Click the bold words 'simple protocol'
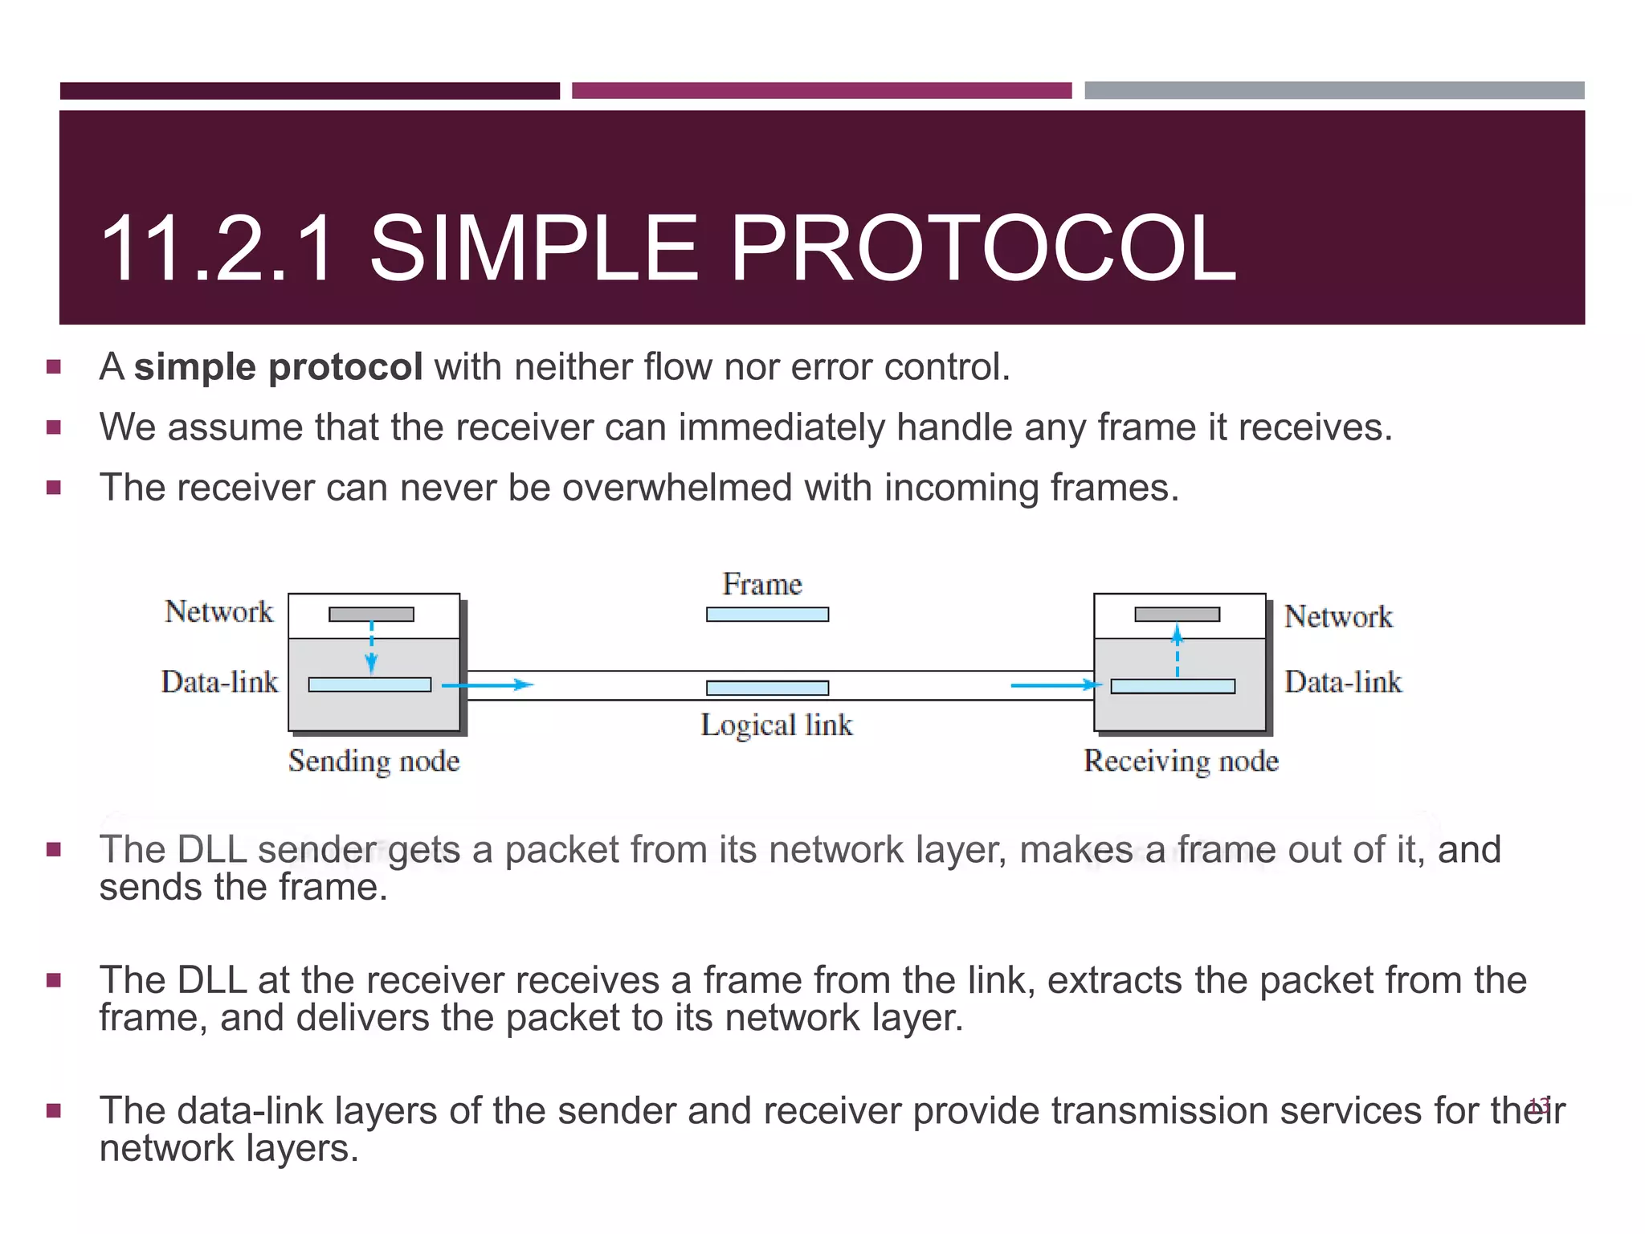(278, 367)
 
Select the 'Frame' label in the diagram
(761, 584)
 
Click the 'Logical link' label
(776, 725)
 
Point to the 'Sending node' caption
(373, 761)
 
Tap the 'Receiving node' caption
(1180, 761)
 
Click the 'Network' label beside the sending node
(218, 612)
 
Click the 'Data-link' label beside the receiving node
(1342, 682)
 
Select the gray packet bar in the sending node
(371, 615)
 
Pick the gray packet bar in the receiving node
(1177, 615)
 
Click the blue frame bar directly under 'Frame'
(767, 615)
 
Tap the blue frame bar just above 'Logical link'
(767, 688)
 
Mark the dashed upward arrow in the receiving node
(1177, 651)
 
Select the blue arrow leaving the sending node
(488, 685)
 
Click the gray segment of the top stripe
(1333, 90)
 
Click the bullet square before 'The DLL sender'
(54, 850)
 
